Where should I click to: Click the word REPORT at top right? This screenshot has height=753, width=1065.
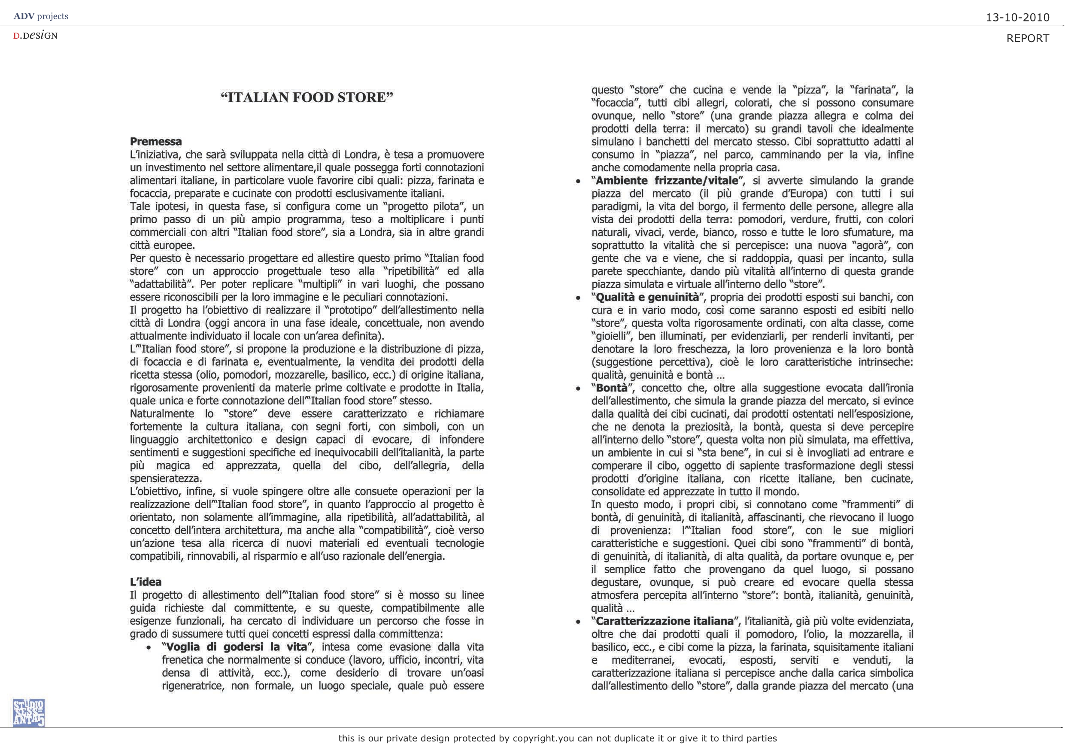(x=1027, y=39)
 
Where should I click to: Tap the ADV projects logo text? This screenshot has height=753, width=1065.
(x=41, y=16)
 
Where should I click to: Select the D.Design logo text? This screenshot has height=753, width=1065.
(x=35, y=35)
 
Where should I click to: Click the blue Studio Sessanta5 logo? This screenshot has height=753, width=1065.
(x=29, y=713)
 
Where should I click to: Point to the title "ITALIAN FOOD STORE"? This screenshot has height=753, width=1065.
(x=306, y=97)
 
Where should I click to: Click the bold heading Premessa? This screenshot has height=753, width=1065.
(x=156, y=142)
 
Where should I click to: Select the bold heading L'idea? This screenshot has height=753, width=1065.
(x=146, y=582)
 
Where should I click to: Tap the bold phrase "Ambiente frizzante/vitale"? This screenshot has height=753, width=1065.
(x=667, y=180)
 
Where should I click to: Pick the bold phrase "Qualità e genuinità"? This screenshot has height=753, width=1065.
(x=647, y=297)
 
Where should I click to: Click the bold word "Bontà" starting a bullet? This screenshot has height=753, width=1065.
(x=611, y=388)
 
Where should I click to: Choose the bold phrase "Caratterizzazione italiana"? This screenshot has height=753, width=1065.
(x=664, y=621)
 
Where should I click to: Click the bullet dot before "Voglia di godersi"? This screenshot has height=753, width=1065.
(x=149, y=648)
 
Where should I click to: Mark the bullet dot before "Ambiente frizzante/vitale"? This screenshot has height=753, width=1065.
(x=578, y=182)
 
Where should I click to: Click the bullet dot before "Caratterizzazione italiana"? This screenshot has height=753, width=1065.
(x=578, y=622)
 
